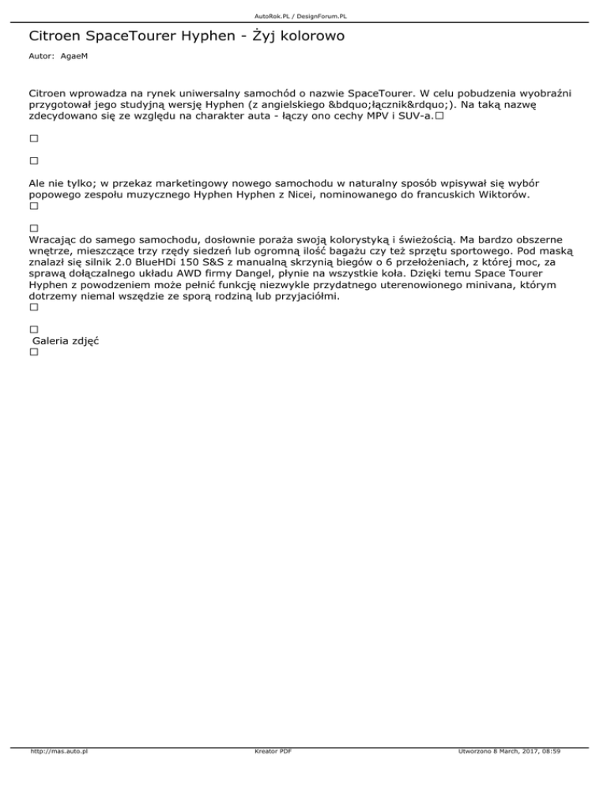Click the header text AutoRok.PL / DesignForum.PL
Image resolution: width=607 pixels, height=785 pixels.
point(303,15)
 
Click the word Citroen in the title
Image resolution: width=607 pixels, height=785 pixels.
point(55,36)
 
